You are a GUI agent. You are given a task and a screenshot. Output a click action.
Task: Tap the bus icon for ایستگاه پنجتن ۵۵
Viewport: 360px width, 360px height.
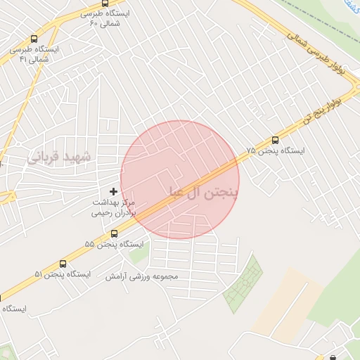click(x=114, y=233)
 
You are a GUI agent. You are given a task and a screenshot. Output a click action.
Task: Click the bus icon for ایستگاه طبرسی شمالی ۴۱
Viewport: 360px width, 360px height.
click(x=34, y=40)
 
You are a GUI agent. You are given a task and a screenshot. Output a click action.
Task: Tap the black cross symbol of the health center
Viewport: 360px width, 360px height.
click(x=113, y=191)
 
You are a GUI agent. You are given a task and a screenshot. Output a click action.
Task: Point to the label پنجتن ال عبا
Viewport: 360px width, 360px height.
click(x=204, y=191)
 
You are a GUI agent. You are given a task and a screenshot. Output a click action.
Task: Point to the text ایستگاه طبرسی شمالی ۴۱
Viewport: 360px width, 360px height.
click(x=34, y=55)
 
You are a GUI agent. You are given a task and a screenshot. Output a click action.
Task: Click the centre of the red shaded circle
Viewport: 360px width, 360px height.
click(x=180, y=179)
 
